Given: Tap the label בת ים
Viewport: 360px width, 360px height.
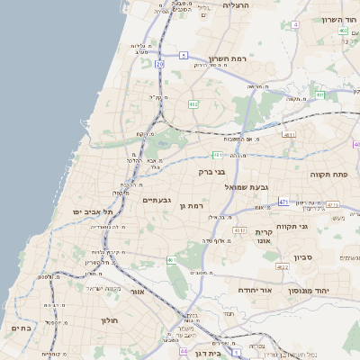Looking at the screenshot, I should coord(21,328).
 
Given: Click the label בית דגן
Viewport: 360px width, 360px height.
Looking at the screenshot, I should coord(207,353).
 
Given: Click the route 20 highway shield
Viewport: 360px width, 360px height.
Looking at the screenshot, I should coord(159,65).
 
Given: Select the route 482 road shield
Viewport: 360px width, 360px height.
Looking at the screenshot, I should coord(193,104).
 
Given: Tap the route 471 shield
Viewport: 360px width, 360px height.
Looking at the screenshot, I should coord(283,202).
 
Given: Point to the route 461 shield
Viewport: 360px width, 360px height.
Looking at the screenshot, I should coord(171,260).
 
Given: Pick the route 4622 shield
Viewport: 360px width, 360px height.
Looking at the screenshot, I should coord(283,266).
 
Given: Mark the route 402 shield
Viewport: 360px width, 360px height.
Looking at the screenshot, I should coord(343,31).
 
